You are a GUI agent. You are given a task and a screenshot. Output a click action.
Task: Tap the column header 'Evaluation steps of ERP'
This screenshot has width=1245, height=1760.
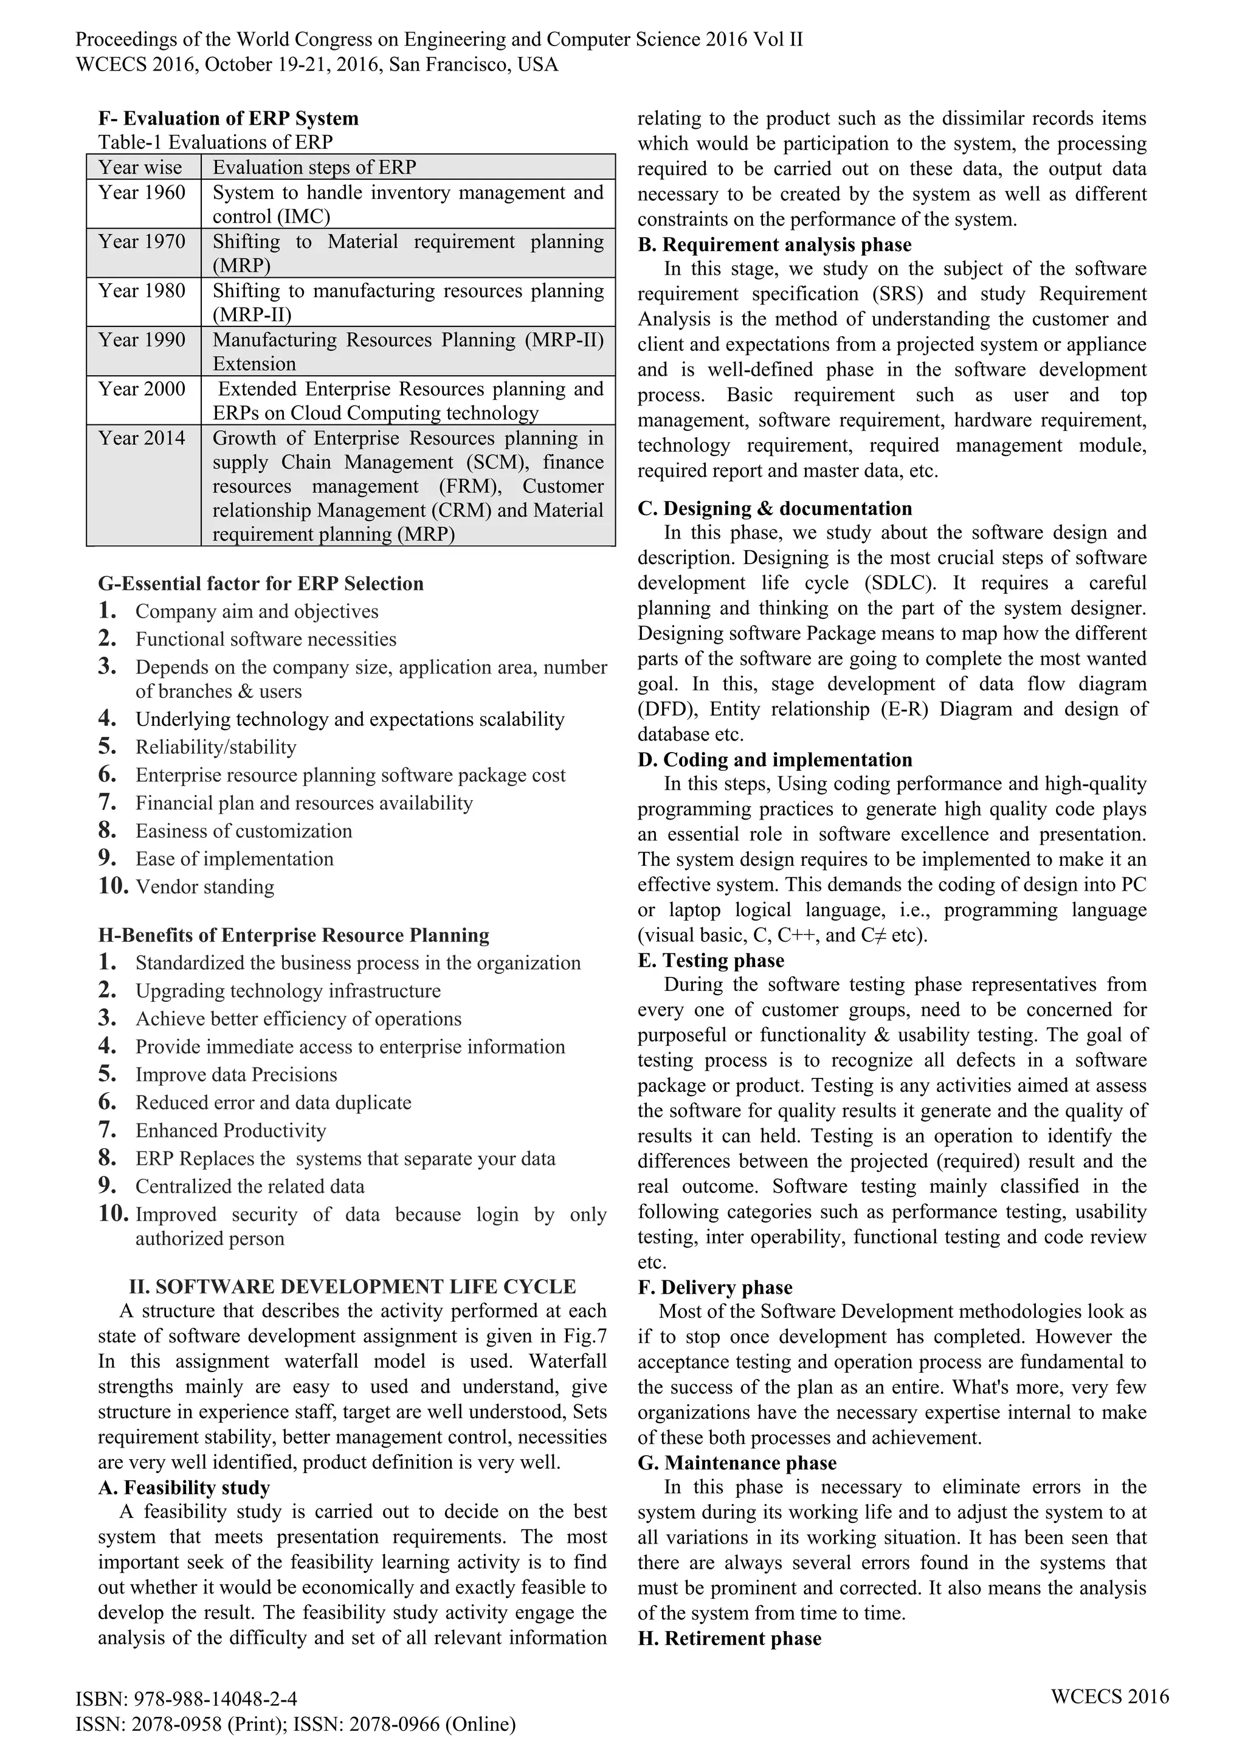(x=314, y=167)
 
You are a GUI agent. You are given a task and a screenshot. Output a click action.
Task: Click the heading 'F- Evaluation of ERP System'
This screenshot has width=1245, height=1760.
(x=229, y=118)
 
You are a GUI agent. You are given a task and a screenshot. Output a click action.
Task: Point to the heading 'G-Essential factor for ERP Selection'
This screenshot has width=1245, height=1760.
(x=261, y=584)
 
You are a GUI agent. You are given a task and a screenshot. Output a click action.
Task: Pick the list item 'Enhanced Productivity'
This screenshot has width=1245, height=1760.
(x=231, y=1131)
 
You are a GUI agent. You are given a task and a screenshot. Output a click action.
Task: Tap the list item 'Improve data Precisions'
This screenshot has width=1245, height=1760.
(x=236, y=1075)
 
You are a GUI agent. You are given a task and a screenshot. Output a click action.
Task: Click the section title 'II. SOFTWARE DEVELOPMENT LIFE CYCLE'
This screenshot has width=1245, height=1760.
(x=353, y=1286)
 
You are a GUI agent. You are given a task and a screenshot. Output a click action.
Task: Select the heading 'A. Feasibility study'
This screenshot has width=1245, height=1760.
(x=184, y=1488)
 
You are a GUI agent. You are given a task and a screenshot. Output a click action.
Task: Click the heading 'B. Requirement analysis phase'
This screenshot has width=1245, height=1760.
(x=774, y=244)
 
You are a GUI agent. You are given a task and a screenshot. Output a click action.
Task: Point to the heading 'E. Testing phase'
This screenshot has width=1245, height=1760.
(x=711, y=961)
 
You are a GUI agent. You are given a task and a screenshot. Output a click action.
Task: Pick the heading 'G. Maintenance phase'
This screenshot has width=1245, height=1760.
(x=737, y=1463)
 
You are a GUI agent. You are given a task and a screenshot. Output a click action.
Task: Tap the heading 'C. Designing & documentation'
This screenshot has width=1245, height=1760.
(x=774, y=508)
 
